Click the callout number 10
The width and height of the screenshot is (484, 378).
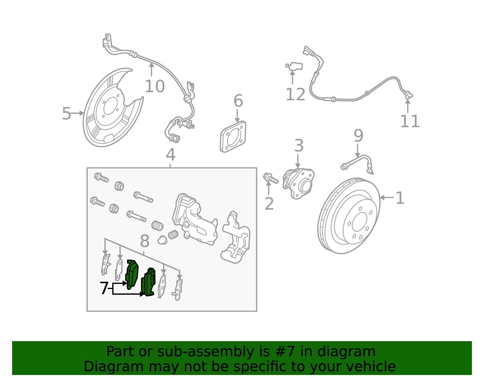pyautogui.click(x=155, y=87)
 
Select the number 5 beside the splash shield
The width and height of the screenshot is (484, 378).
pyautogui.click(x=66, y=114)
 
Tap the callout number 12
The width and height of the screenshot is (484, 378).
pyautogui.click(x=295, y=95)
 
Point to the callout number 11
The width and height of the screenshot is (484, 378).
pyautogui.click(x=410, y=121)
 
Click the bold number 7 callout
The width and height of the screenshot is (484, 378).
pyautogui.click(x=104, y=288)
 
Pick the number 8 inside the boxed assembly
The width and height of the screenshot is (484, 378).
pyautogui.click(x=145, y=242)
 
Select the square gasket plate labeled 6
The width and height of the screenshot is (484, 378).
pyautogui.click(x=233, y=136)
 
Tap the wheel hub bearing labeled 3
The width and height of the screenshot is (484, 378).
pyautogui.click(x=298, y=184)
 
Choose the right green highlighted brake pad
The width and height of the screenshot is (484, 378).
pyautogui.click(x=149, y=282)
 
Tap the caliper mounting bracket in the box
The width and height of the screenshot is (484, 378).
pyautogui.click(x=236, y=238)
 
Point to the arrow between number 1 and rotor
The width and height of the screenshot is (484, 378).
pyautogui.click(x=386, y=197)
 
